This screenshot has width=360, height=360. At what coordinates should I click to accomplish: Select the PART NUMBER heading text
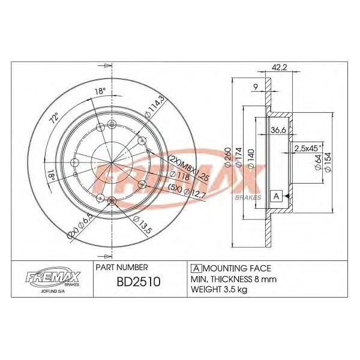click(x=120, y=266)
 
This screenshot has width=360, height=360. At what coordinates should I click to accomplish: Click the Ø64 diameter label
click(x=317, y=163)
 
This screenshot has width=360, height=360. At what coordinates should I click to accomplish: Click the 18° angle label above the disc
click(x=100, y=91)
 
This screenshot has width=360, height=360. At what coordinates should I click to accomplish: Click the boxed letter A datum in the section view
click(x=277, y=196)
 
